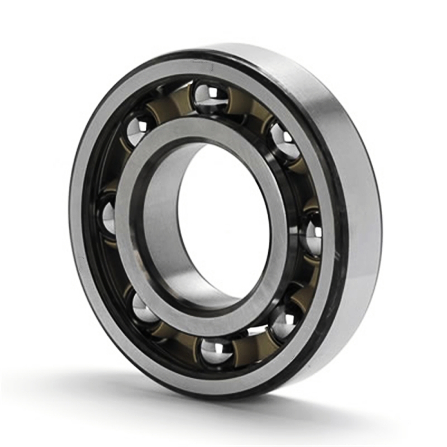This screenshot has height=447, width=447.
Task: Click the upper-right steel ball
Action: tap(284, 142)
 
